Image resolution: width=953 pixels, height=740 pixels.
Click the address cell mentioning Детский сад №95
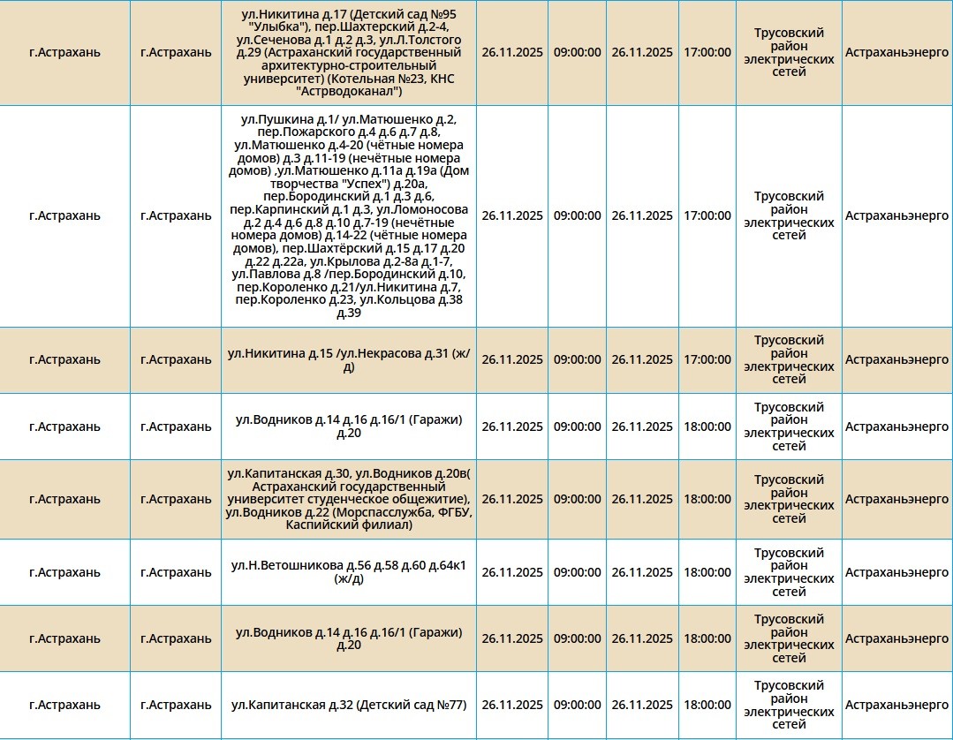(x=349, y=53)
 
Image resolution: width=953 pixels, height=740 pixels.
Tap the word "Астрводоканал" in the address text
(x=353, y=91)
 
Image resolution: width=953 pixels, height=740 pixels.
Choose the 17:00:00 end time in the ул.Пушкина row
(x=707, y=216)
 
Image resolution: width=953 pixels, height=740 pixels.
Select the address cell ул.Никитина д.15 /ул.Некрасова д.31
(x=349, y=360)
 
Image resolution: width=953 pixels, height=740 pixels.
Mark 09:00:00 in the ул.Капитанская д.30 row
(x=577, y=499)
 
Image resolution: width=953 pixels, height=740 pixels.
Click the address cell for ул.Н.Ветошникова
(x=349, y=572)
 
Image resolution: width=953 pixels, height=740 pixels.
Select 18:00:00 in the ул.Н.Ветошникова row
(x=707, y=572)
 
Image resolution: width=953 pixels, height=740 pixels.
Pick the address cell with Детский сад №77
(x=349, y=705)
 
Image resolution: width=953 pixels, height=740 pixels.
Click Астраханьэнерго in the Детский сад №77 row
(x=896, y=705)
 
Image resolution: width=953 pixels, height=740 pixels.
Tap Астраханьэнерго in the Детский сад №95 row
(x=896, y=53)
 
